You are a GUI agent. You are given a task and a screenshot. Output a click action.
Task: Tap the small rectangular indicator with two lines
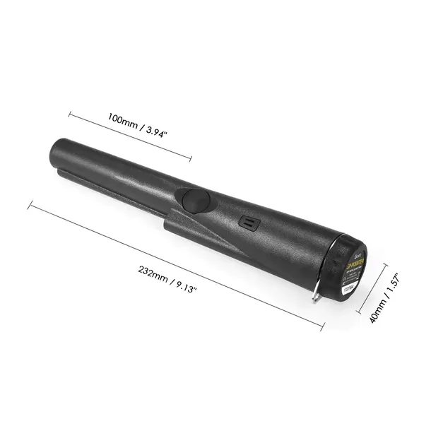coord(247,222)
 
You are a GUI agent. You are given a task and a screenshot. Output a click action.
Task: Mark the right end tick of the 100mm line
coord(191,159)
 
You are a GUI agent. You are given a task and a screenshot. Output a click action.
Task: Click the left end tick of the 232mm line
coord(29,204)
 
